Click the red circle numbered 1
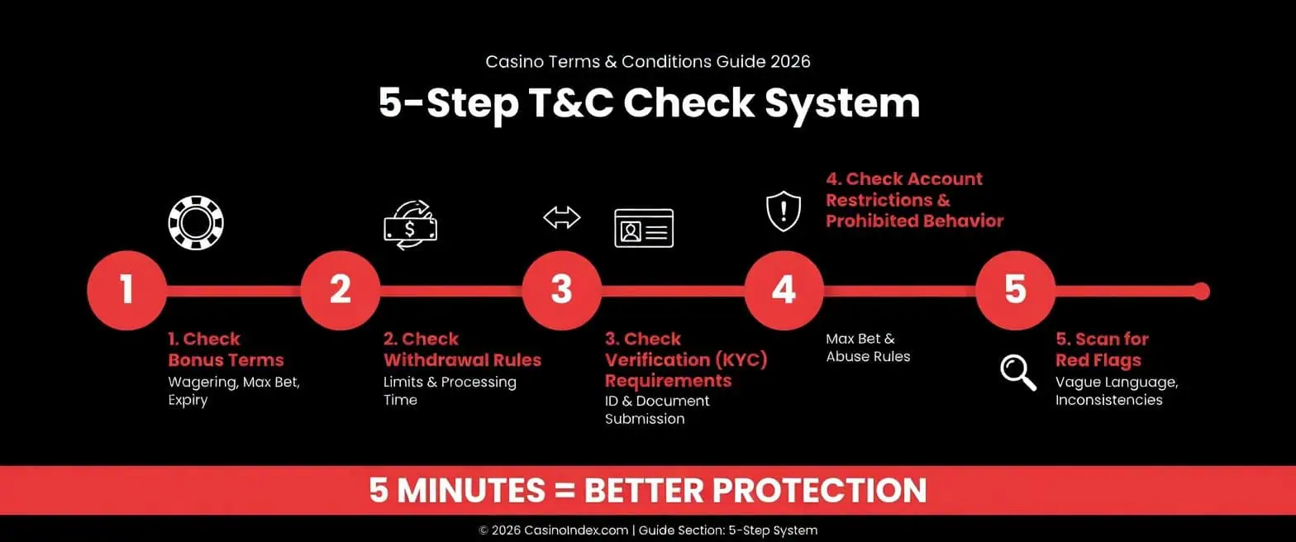(x=126, y=291)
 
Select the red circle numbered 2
(x=340, y=291)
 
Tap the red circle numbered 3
(x=561, y=291)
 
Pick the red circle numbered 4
(x=784, y=291)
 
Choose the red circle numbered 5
(x=1015, y=291)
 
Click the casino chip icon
(x=196, y=223)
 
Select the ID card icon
(x=644, y=227)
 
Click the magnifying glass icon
(x=1018, y=372)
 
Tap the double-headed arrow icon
(x=562, y=217)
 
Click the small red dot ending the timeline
(x=1202, y=291)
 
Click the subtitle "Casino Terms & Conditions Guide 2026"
(x=648, y=62)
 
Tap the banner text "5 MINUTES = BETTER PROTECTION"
(x=648, y=491)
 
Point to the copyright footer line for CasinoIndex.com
(x=648, y=530)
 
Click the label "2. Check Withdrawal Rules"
(x=462, y=349)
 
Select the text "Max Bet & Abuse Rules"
(x=868, y=348)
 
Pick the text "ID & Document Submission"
(x=657, y=410)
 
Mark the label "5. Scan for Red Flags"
(x=1102, y=349)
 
